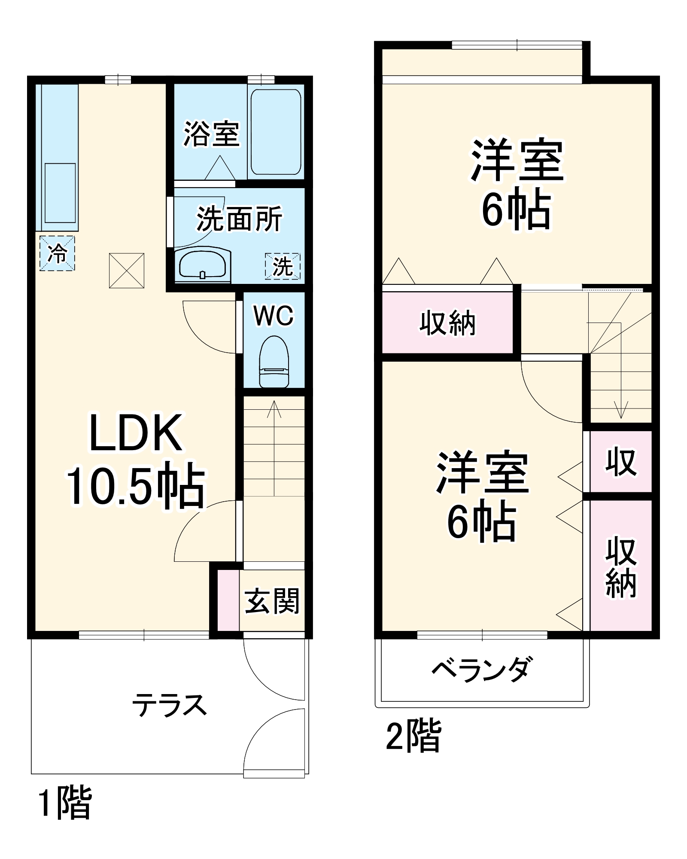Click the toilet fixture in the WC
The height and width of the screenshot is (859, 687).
click(x=274, y=362)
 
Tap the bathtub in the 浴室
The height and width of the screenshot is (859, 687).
click(x=276, y=131)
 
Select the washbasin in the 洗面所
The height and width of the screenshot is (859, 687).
click(x=202, y=265)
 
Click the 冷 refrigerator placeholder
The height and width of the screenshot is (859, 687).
click(x=57, y=253)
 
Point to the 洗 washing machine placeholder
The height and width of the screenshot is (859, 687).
click(x=283, y=266)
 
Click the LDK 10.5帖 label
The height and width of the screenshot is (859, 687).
click(x=135, y=460)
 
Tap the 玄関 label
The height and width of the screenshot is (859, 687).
click(x=272, y=600)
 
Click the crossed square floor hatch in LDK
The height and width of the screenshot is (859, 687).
click(x=127, y=271)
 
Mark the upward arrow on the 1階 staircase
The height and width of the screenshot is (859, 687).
click(x=274, y=408)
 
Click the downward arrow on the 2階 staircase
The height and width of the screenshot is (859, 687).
click(x=620, y=410)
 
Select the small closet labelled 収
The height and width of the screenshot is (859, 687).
click(x=621, y=462)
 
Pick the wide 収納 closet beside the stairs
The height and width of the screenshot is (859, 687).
click(x=447, y=323)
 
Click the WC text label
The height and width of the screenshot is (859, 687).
click(x=274, y=316)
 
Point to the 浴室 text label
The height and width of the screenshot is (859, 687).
click(x=211, y=134)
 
